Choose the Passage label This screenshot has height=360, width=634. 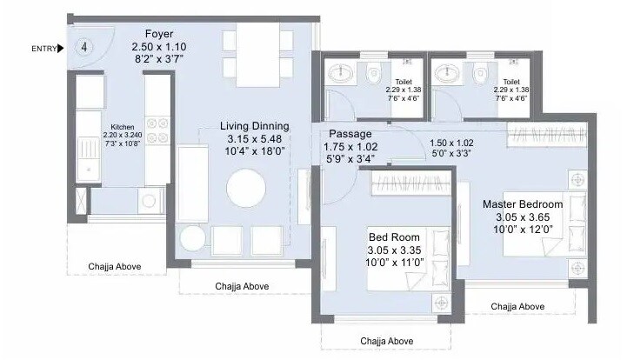click(x=350, y=135)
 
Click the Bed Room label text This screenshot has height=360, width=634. click(x=394, y=237)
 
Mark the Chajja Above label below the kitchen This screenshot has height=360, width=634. click(x=115, y=267)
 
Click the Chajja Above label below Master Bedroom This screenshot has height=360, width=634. click(x=517, y=307)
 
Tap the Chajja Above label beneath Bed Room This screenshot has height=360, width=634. click(x=387, y=341)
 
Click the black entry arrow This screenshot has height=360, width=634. click(x=61, y=48)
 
